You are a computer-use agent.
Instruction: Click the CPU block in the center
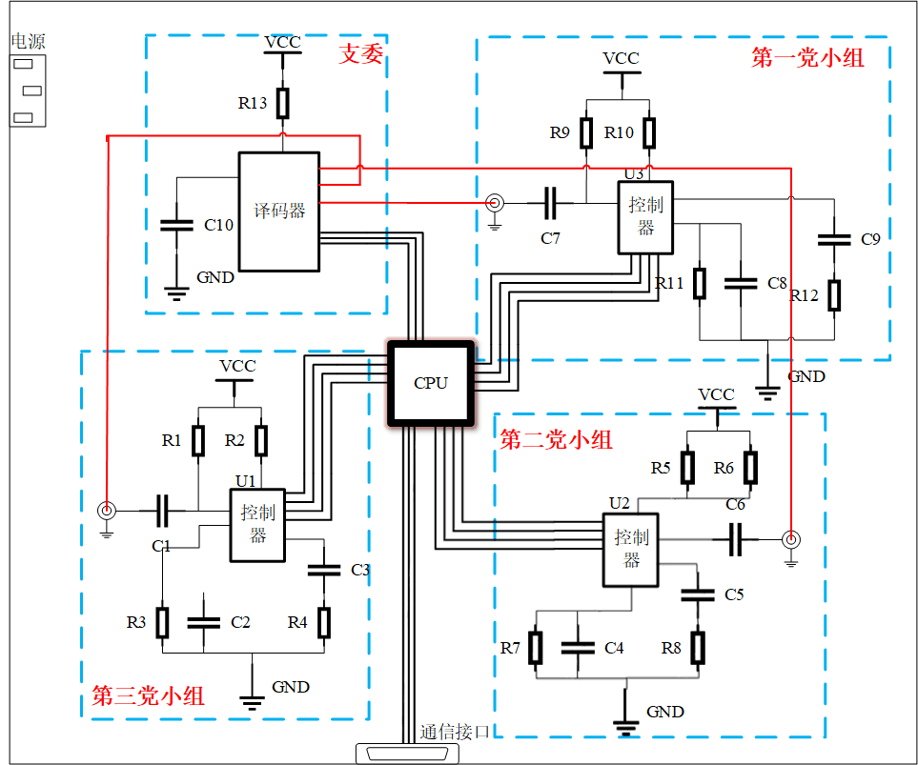point(430,383)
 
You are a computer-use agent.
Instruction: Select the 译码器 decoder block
point(278,211)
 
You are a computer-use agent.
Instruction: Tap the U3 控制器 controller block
point(646,217)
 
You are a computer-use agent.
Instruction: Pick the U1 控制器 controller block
point(257,525)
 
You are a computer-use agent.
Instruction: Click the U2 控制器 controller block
point(631,550)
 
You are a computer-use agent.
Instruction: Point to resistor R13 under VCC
point(283,102)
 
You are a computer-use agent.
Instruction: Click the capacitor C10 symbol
point(175,226)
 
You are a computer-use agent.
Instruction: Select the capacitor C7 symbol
point(551,202)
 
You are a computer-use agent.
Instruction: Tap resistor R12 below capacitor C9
point(834,295)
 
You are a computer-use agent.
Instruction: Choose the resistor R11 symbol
point(700,284)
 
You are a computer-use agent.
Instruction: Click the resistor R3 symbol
point(163,622)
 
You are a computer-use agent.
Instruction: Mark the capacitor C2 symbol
point(204,622)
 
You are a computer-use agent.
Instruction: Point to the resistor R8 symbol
point(698,648)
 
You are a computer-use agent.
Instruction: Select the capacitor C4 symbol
point(578,647)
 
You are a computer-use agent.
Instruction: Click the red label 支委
point(361,54)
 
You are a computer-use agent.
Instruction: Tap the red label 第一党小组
point(807,58)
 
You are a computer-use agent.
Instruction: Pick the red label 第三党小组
point(148,696)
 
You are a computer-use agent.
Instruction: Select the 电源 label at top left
point(28,41)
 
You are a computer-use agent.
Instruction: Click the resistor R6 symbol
point(750,468)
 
